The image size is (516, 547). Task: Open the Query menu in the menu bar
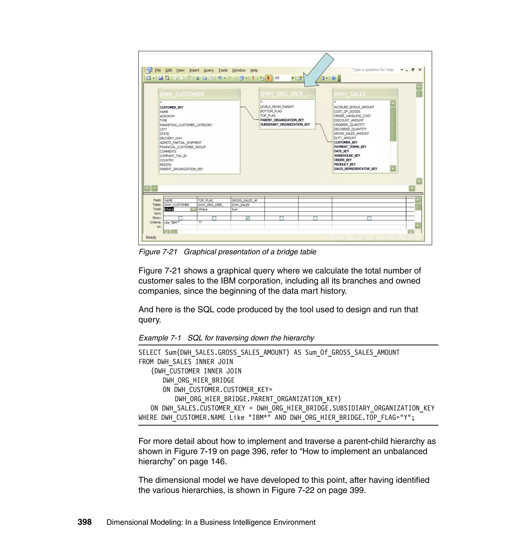pos(208,70)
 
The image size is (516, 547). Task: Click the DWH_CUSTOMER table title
pos(182,94)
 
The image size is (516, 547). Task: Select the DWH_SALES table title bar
pos(350,94)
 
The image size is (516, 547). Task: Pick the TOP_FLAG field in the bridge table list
pos(268,116)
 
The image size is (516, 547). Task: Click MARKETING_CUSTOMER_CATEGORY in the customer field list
pos(186,125)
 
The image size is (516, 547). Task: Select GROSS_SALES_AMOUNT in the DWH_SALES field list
pos(351,133)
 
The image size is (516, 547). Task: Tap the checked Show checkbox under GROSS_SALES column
pos(248,218)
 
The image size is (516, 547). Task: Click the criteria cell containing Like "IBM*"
pos(172,223)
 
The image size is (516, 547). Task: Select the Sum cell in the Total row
pos(235,209)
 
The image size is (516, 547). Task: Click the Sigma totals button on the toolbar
pos(268,78)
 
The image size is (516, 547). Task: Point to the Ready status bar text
pos(151,237)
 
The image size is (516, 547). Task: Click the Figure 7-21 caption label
pos(158,252)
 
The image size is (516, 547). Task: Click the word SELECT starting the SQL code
pos(149,352)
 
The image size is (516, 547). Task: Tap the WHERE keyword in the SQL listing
pos(148,418)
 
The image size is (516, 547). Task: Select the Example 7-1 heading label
pos(159,338)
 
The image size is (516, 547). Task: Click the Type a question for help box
pos(373,70)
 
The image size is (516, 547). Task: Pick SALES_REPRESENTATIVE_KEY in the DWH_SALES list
pos(355,169)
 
